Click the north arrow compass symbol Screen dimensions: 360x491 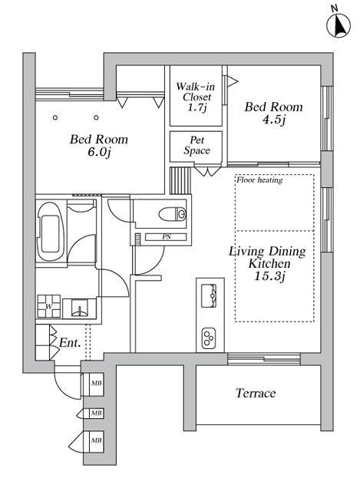(x=339, y=25)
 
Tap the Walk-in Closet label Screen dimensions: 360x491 (x=196, y=92)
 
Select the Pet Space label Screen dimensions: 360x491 (x=197, y=146)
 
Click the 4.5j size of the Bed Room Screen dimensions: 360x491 (x=274, y=120)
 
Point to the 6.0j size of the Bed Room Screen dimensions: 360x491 (x=100, y=152)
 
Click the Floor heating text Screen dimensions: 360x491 (x=259, y=180)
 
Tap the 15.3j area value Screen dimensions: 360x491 (x=269, y=276)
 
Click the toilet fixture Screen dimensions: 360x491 (x=172, y=215)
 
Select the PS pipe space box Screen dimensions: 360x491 (x=166, y=237)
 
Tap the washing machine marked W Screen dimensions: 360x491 (x=49, y=306)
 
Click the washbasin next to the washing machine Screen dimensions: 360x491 (x=79, y=308)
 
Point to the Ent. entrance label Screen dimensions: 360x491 (x=70, y=343)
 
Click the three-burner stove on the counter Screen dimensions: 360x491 (x=209, y=338)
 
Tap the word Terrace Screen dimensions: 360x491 (x=256, y=394)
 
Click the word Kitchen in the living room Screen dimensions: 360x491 (x=269, y=264)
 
